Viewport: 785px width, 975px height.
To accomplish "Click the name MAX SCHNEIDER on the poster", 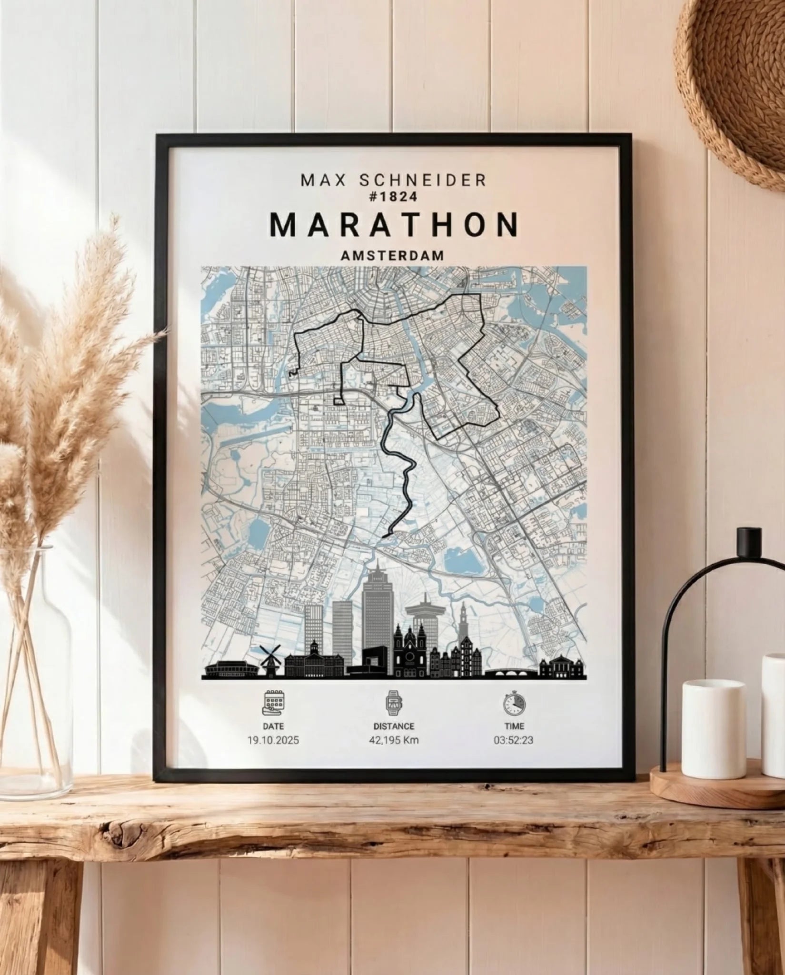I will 393,180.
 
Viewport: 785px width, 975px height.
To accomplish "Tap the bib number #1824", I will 393,197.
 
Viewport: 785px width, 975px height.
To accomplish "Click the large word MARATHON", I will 393,225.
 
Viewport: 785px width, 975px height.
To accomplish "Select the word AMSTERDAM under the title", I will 393,256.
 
